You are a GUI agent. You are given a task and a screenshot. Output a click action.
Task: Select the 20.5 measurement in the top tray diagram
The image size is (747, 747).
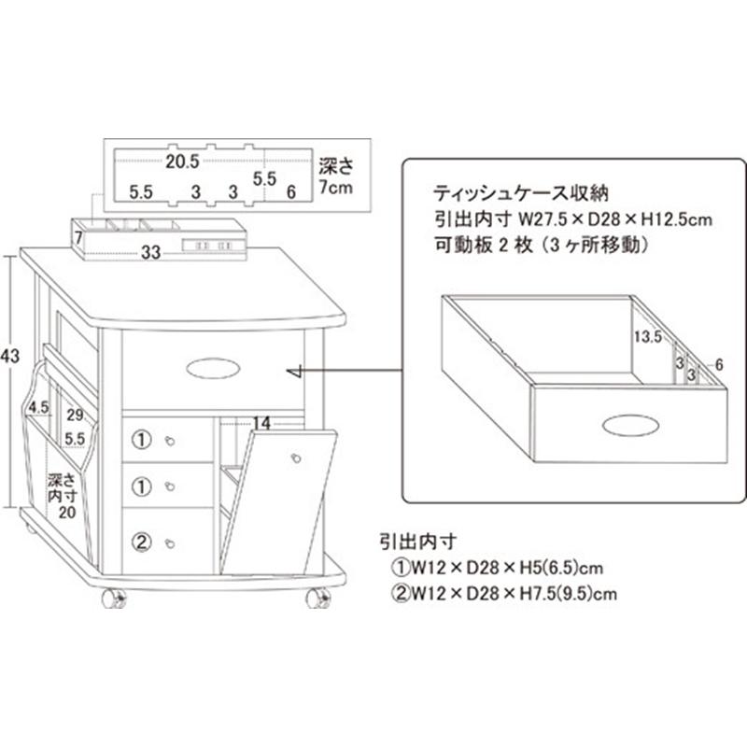point(182,161)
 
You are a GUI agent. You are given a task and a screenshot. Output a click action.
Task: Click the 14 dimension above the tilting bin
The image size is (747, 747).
point(262,423)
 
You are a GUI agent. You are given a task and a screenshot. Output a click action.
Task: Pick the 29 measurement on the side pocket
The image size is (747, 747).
point(76,414)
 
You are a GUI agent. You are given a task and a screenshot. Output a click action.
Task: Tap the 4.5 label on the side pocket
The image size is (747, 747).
point(38,407)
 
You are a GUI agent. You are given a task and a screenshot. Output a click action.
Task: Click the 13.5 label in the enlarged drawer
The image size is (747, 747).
point(645,336)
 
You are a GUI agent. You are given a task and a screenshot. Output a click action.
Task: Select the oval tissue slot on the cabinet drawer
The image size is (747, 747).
point(213,369)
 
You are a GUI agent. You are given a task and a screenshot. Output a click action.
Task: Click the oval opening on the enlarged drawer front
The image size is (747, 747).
point(629,426)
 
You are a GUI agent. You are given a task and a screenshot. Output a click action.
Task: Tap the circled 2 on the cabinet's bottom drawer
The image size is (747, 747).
point(141,540)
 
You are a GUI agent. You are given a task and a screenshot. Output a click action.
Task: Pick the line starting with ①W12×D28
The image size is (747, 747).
point(496,567)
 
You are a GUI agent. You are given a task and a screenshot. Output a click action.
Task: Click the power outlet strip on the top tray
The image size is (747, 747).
point(214,245)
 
